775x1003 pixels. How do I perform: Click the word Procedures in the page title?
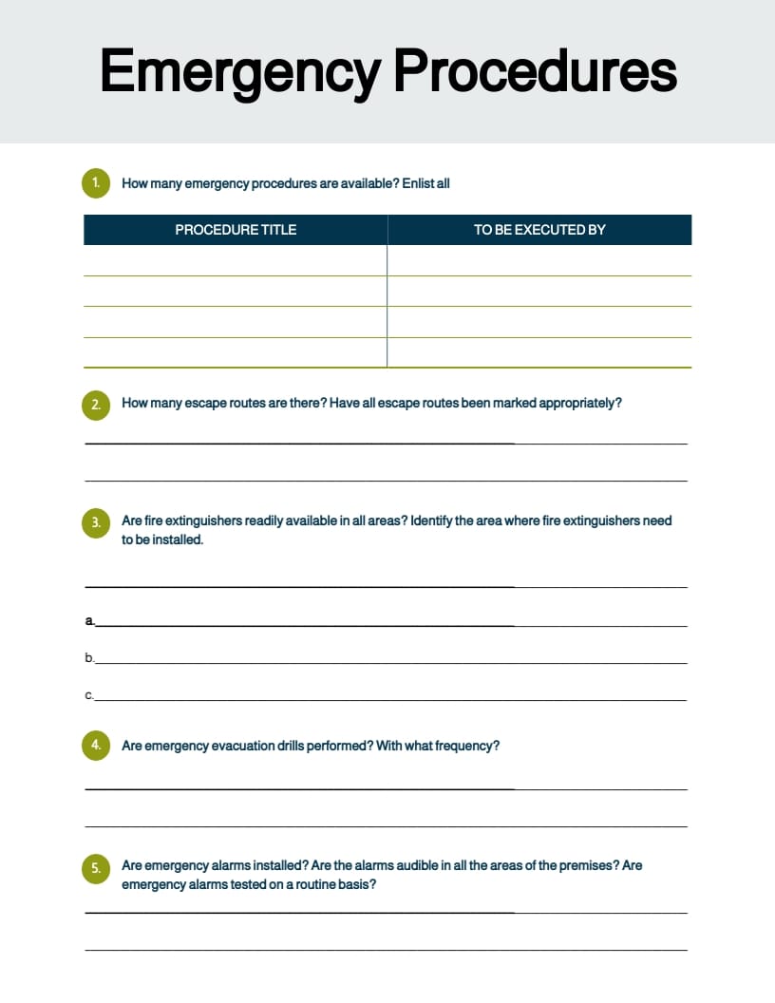pos(535,71)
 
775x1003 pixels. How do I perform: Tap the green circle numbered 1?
pos(96,183)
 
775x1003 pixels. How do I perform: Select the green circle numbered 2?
pos(96,404)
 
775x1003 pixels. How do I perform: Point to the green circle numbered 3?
pos(96,522)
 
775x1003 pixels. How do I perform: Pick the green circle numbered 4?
pos(96,747)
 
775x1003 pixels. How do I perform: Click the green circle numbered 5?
pos(96,867)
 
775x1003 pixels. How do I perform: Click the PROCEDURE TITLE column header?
pos(236,230)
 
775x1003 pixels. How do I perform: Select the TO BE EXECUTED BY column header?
pos(539,230)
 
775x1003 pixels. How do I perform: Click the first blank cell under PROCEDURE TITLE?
pos(236,260)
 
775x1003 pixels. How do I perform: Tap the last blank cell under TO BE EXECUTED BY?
pos(539,352)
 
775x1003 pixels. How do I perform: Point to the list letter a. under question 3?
pos(89,621)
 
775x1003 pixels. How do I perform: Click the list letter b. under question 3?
pos(89,657)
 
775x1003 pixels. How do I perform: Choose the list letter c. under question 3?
pos(89,695)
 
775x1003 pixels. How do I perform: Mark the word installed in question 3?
pos(178,540)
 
